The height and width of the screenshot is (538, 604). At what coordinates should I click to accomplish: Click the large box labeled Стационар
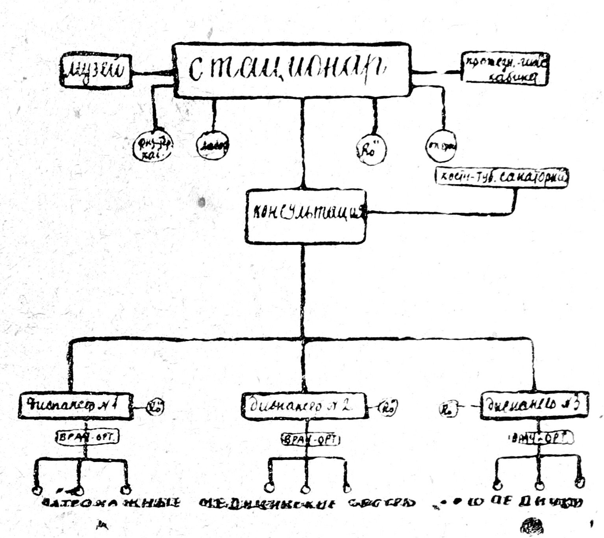291,70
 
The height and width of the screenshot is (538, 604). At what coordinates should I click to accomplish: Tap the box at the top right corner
505,69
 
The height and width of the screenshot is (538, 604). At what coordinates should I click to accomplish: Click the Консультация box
306,216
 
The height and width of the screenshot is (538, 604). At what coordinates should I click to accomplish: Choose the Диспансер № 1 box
75,405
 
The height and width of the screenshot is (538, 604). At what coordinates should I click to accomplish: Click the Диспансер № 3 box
535,404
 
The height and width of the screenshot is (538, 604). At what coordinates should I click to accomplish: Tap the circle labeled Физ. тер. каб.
153,146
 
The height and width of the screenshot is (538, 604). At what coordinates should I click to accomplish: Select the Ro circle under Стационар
370,150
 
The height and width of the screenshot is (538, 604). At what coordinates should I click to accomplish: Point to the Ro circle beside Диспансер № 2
388,406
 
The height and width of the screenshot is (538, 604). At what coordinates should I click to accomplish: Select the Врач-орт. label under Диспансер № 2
311,439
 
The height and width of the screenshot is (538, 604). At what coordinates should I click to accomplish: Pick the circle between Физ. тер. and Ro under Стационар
213,146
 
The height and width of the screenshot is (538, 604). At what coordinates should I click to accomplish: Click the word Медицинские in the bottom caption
268,503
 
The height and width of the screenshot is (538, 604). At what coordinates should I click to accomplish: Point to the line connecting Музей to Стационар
152,73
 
